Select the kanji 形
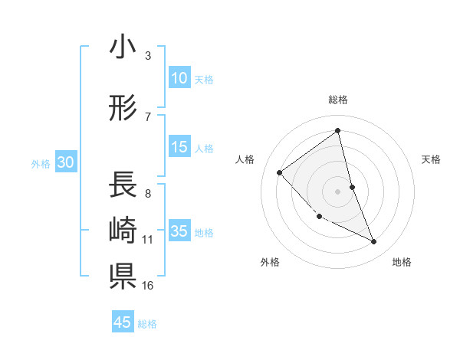123,109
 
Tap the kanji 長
123,185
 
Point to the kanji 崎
123,231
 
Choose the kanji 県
123,275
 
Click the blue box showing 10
179,78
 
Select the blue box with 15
179,147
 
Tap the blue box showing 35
179,231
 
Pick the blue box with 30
65,162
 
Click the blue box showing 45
123,322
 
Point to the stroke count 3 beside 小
147,56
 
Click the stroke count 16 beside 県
147,286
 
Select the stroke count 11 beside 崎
147,240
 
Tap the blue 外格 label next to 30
41,163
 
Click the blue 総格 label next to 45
147,324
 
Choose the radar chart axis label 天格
432,159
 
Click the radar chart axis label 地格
402,262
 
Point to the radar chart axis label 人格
245,159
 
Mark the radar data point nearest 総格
337,130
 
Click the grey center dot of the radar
337,190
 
